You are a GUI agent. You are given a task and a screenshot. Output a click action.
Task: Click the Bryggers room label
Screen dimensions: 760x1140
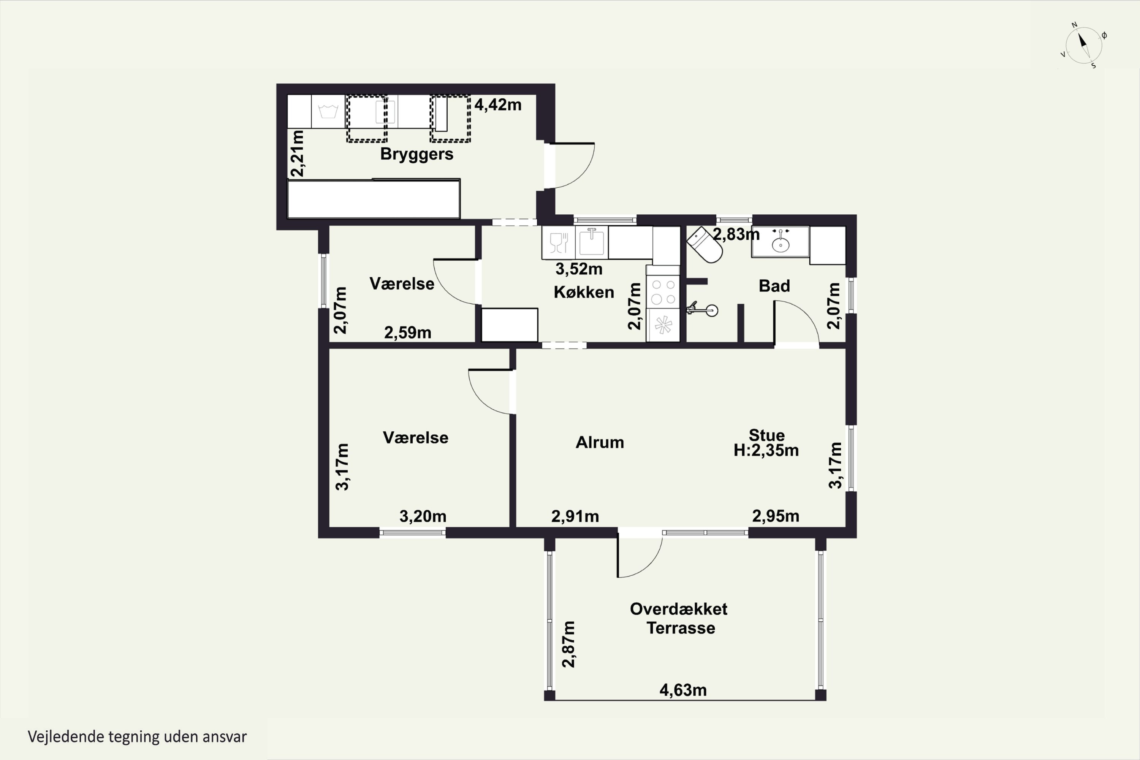pos(416,154)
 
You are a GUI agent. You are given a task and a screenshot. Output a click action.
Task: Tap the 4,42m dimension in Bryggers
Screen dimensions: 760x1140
pos(497,105)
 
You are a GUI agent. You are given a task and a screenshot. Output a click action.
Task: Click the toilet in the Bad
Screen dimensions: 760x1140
pos(705,245)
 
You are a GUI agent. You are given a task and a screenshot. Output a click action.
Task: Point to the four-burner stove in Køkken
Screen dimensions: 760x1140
pos(663,292)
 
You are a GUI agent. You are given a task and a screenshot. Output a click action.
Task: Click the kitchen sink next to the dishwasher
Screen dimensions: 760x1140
pos(591,241)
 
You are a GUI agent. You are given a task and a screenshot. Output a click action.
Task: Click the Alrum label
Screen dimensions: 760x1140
pos(600,443)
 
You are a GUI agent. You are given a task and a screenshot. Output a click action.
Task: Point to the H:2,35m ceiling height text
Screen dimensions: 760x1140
pos(766,451)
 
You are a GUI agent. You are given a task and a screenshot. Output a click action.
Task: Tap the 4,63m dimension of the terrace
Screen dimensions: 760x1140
pos(682,690)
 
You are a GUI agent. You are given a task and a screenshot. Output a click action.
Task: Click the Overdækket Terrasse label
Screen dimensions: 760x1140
pos(679,619)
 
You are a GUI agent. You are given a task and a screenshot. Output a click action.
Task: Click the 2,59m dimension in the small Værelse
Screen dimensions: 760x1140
pos(408,333)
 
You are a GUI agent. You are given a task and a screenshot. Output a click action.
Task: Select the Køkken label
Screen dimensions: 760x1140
pos(584,292)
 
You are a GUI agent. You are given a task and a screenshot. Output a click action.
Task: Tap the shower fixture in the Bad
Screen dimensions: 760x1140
pos(703,309)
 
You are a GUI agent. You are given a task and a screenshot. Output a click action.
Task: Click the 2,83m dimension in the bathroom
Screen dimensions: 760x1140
pos(735,234)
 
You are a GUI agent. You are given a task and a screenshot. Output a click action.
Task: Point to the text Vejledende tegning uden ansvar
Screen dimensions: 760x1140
pos(137,737)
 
